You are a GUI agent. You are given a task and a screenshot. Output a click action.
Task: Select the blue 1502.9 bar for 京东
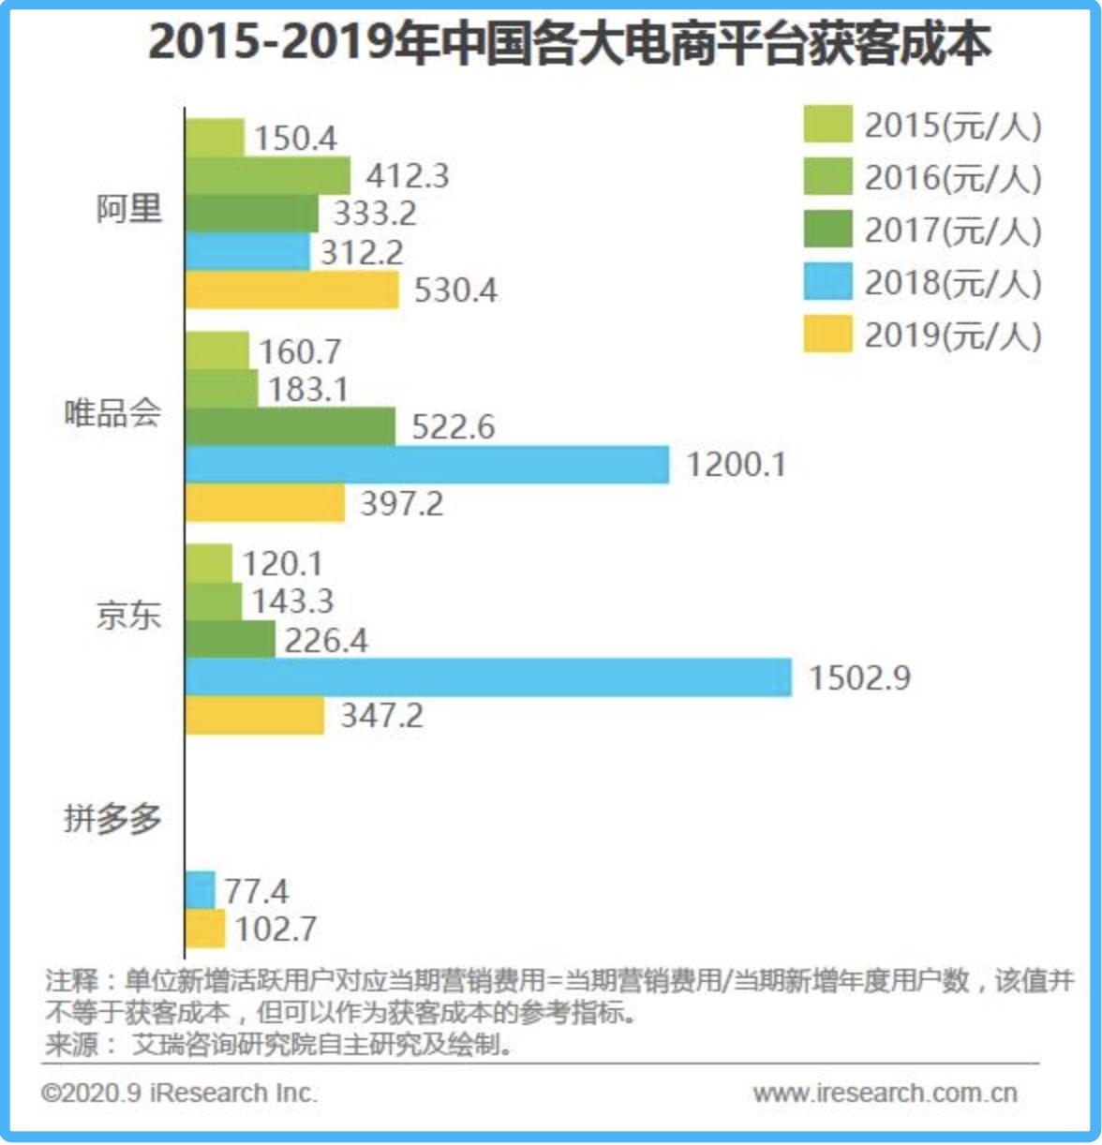click(487, 677)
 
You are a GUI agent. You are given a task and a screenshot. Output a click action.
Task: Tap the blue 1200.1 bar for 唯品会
click(426, 465)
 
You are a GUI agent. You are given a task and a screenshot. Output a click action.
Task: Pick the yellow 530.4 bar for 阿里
click(291, 290)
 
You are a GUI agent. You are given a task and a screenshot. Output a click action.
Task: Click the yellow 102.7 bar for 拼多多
click(205, 929)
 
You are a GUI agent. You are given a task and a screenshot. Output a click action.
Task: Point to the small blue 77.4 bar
click(200, 890)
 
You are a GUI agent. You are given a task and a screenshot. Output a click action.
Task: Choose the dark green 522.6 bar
click(290, 426)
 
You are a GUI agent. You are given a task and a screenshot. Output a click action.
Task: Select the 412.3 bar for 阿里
click(267, 175)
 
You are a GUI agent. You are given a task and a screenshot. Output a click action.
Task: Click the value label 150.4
click(295, 139)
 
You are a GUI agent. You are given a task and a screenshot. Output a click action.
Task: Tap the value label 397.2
click(402, 504)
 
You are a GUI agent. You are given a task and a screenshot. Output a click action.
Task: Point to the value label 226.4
click(326, 641)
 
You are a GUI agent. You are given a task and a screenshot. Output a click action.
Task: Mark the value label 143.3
click(292, 602)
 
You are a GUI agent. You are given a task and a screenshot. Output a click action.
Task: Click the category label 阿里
click(129, 208)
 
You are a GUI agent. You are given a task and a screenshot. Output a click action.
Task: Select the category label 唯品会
click(112, 412)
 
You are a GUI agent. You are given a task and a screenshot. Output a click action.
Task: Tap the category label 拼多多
click(112, 819)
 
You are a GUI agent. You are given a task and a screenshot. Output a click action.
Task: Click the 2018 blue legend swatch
click(827, 282)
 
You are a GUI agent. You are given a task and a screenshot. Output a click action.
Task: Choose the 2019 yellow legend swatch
click(827, 335)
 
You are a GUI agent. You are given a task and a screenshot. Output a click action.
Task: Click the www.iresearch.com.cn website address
click(885, 1093)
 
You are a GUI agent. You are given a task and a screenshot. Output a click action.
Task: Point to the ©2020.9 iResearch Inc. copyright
click(179, 1093)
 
